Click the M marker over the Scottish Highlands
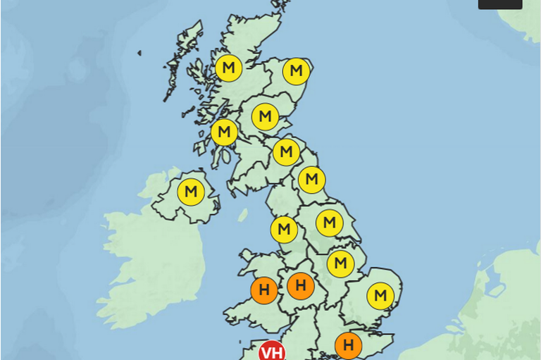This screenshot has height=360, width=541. [228, 68]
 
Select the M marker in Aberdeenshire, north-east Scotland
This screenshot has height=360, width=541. [297, 70]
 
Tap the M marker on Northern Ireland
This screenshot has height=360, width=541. [190, 192]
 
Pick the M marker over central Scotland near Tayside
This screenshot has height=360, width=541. [265, 116]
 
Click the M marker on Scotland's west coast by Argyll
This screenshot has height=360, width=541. [224, 132]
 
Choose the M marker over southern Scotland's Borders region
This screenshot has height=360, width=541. [285, 151]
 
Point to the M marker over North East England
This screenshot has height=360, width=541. [311, 179]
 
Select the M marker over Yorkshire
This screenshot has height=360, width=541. [329, 223]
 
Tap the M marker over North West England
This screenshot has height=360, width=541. [284, 229]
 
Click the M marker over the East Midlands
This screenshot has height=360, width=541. [340, 264]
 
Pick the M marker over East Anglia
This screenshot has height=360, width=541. [380, 295]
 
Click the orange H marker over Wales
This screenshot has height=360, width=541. [264, 290]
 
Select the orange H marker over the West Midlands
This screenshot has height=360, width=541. [301, 286]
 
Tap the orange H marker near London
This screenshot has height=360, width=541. [348, 346]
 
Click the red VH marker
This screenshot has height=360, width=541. [272, 352]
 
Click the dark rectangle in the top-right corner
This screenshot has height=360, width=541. [500, 4]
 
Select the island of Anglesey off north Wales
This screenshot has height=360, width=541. [247, 256]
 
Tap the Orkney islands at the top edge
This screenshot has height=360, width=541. [280, 6]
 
